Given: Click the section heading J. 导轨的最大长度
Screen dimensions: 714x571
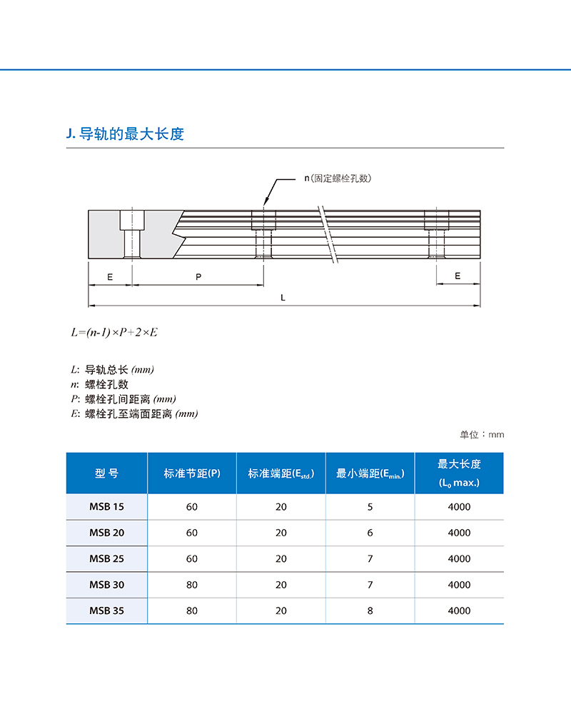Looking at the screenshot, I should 124,134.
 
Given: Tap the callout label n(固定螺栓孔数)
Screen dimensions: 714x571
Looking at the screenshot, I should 339,178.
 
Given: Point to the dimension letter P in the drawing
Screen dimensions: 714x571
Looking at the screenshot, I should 198,276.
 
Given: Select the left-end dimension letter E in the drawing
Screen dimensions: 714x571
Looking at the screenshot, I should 110,276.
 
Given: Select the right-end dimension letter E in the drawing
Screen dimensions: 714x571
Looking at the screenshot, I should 458,276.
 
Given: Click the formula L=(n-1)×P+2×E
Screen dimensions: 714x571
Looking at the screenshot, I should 114,333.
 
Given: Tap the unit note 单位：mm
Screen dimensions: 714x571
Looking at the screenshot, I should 482,434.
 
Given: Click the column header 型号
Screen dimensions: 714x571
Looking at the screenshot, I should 106,473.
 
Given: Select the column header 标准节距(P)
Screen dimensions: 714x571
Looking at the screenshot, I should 192,473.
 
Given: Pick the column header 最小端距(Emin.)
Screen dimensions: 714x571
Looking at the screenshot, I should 370,473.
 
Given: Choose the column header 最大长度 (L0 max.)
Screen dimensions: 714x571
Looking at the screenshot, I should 459,473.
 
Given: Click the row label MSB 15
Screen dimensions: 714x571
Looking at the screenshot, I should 106,507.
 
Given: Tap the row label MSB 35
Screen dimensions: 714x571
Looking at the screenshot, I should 106,610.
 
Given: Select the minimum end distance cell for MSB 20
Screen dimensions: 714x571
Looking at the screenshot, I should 370,533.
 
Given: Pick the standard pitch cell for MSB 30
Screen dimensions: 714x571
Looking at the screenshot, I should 192,585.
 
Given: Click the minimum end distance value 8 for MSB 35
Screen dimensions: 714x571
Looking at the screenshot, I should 370,610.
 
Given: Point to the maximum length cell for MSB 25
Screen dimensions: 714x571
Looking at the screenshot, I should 459,558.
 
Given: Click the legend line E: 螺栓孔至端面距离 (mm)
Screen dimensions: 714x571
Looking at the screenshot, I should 134,413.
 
